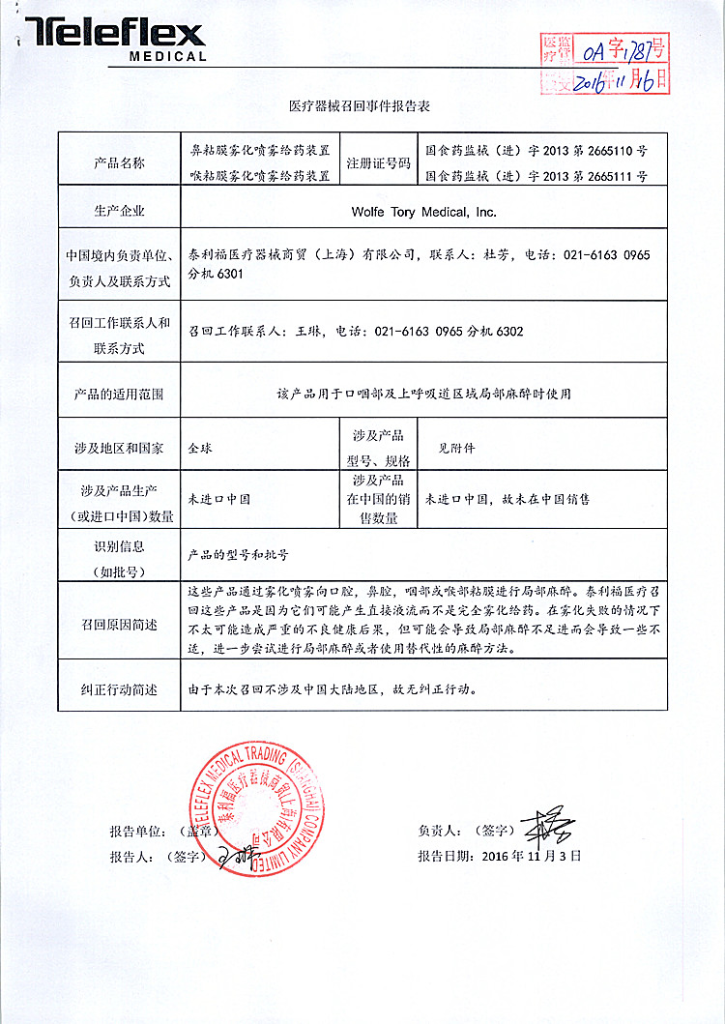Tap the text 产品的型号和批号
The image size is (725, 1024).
click(238, 556)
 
